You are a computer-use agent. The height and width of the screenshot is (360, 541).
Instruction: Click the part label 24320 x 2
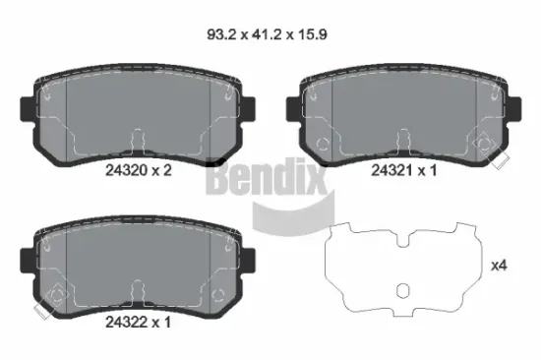[x=139, y=170]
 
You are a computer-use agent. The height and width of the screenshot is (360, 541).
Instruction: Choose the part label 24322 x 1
[x=139, y=321]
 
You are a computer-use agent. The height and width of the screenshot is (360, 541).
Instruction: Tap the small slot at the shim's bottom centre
[x=403, y=292]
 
